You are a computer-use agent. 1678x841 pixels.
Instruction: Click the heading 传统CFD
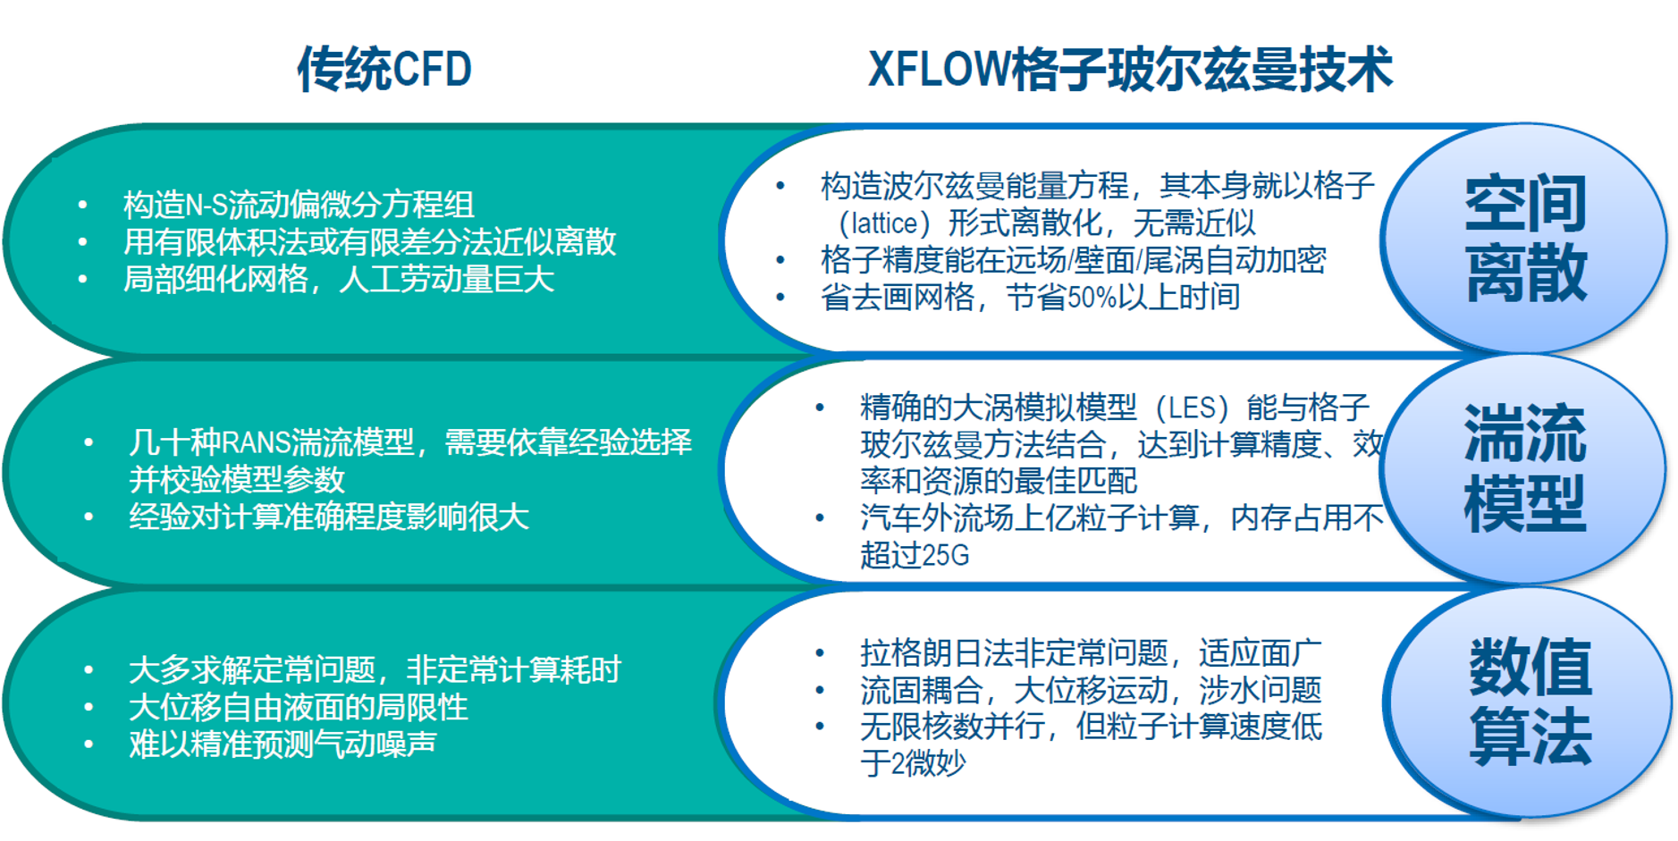[384, 69]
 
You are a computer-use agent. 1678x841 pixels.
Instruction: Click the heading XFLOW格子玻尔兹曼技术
[1130, 69]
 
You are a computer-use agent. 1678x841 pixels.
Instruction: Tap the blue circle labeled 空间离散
[1524, 239]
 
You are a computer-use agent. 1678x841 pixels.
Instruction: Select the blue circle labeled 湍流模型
[1524, 469]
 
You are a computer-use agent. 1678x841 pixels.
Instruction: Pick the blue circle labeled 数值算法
[1529, 702]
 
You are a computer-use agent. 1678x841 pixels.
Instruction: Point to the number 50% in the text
[1089, 297]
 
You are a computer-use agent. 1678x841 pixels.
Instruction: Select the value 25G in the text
[945, 556]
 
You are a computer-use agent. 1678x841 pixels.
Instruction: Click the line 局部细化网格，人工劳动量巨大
[339, 280]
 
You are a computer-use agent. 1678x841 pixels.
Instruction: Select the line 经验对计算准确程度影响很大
[329, 517]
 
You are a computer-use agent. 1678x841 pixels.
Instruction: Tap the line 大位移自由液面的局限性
[299, 707]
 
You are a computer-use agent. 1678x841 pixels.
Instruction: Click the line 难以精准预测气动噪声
[282, 744]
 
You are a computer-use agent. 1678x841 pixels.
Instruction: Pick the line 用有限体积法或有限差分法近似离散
[370, 242]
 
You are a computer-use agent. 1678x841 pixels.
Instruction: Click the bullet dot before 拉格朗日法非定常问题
[820, 653]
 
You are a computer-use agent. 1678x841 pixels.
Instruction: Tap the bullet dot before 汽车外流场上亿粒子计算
[820, 518]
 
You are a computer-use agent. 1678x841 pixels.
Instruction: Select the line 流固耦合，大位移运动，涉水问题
[1091, 690]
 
